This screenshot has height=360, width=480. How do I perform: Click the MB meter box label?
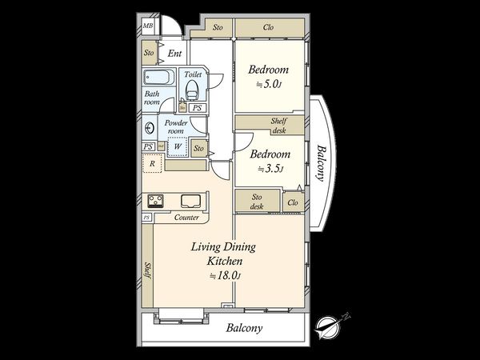(148, 26)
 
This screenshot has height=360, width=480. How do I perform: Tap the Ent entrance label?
(174, 54)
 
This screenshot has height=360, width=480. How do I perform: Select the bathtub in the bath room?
(158, 77)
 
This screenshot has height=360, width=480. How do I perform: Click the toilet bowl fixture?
(192, 90)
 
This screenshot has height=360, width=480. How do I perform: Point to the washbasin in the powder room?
(150, 128)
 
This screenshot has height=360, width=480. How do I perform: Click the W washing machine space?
(178, 146)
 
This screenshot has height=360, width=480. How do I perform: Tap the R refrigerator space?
(152, 163)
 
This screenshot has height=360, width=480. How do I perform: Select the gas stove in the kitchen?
(155, 201)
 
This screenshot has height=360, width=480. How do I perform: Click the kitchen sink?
(190, 201)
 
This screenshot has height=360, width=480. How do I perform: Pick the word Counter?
(186, 218)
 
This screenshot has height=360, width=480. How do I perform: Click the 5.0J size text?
(269, 84)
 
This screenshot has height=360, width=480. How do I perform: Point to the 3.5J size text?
(270, 168)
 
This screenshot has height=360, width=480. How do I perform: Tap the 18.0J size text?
(226, 276)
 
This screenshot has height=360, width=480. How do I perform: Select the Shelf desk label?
(279, 126)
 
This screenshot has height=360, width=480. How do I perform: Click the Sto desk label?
(257, 202)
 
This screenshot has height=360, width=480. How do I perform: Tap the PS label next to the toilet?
(198, 108)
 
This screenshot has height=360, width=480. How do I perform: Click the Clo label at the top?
(268, 27)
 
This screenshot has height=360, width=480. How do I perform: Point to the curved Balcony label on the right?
(322, 163)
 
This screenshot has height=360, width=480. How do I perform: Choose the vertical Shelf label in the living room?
(148, 270)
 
